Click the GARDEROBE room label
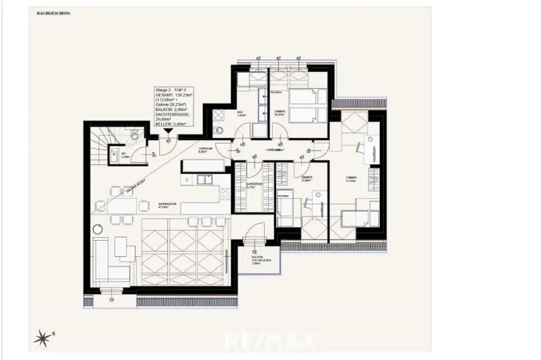[x=254, y=185]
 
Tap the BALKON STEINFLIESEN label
[x=257, y=260]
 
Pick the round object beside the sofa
[x=98, y=229]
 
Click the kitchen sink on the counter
[x=203, y=179]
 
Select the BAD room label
[x=240, y=113]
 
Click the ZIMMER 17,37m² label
[x=350, y=180]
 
